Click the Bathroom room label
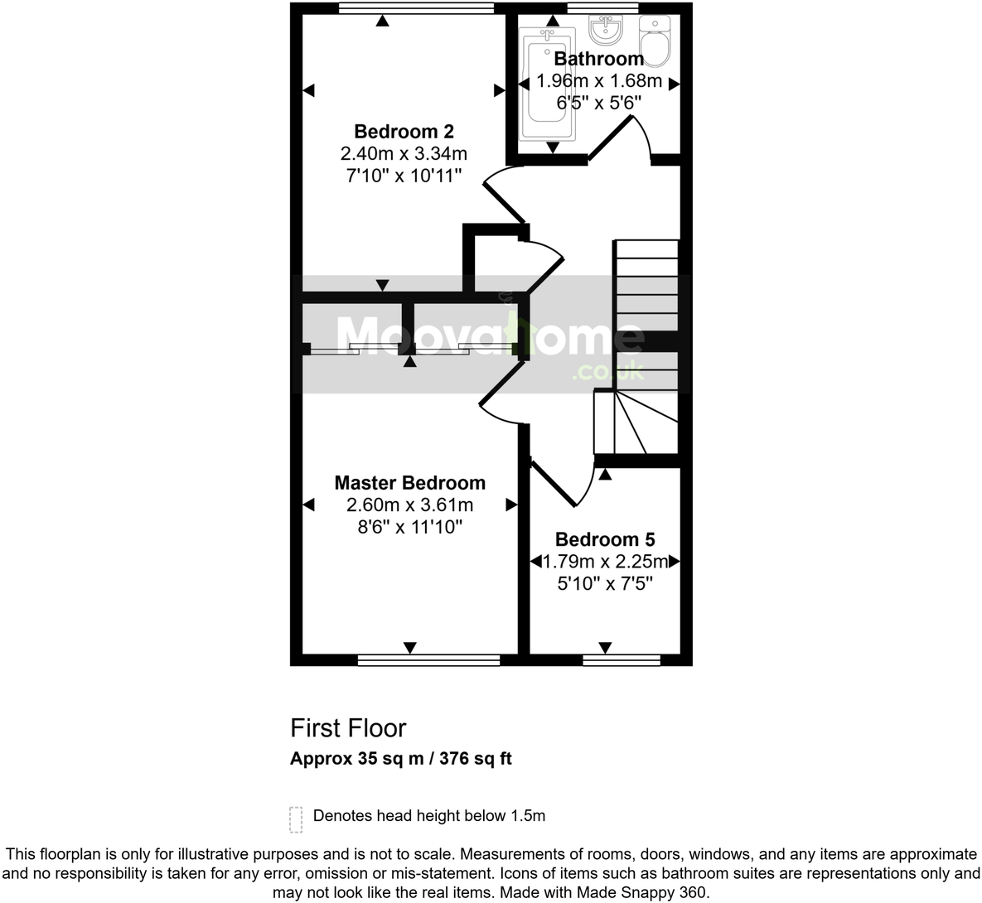coord(598,59)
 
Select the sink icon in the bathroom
coord(606,31)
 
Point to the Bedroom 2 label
coord(404,131)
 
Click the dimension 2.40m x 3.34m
coord(404,153)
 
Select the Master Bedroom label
coord(409,483)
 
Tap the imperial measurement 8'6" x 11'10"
coord(409,527)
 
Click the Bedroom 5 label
coord(605,539)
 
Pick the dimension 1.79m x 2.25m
coord(605,562)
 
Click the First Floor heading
coord(348,728)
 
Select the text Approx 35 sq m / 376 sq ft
coord(400,758)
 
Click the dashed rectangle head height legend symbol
coord(296,818)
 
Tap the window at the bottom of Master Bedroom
coord(428,660)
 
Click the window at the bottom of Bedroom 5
coord(622,660)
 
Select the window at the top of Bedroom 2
coord(417,8)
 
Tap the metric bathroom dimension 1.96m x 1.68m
coord(599,81)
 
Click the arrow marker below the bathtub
coord(552,147)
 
